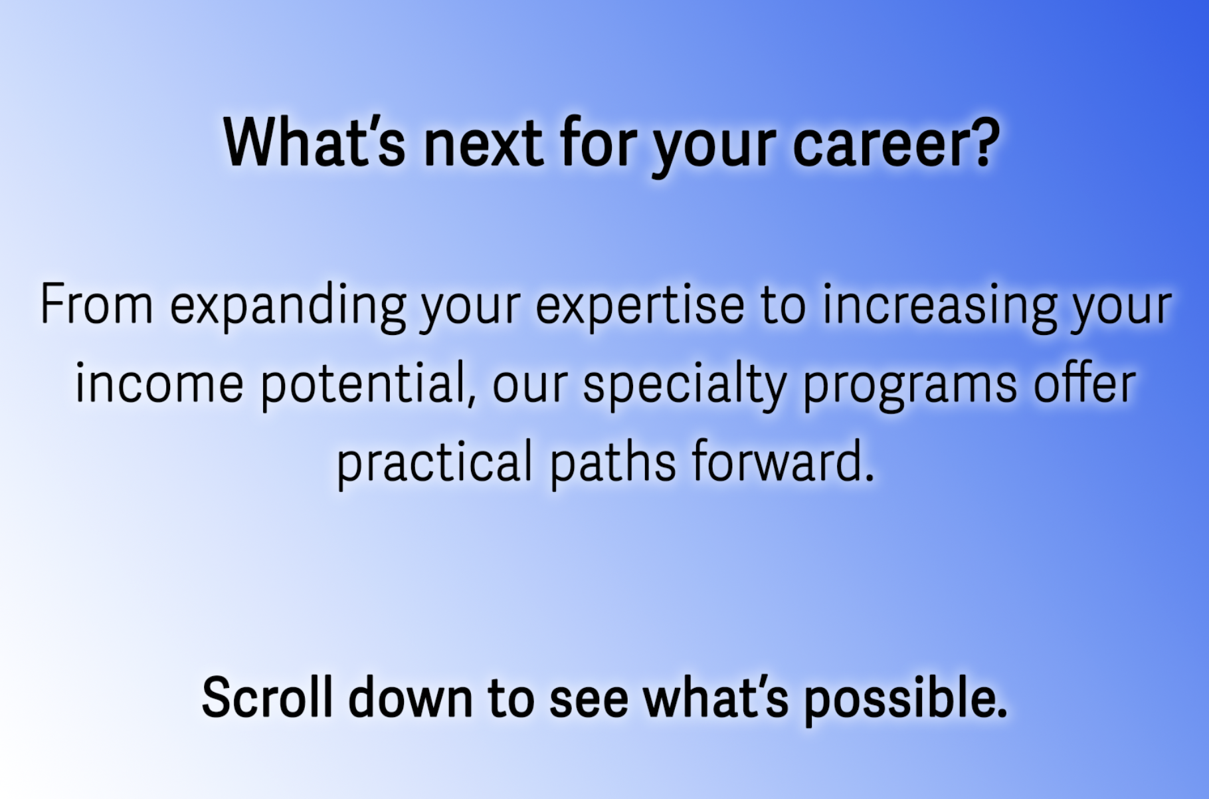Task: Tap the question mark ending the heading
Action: tap(986, 142)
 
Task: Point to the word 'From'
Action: tap(97, 304)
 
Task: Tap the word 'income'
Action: tap(159, 384)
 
